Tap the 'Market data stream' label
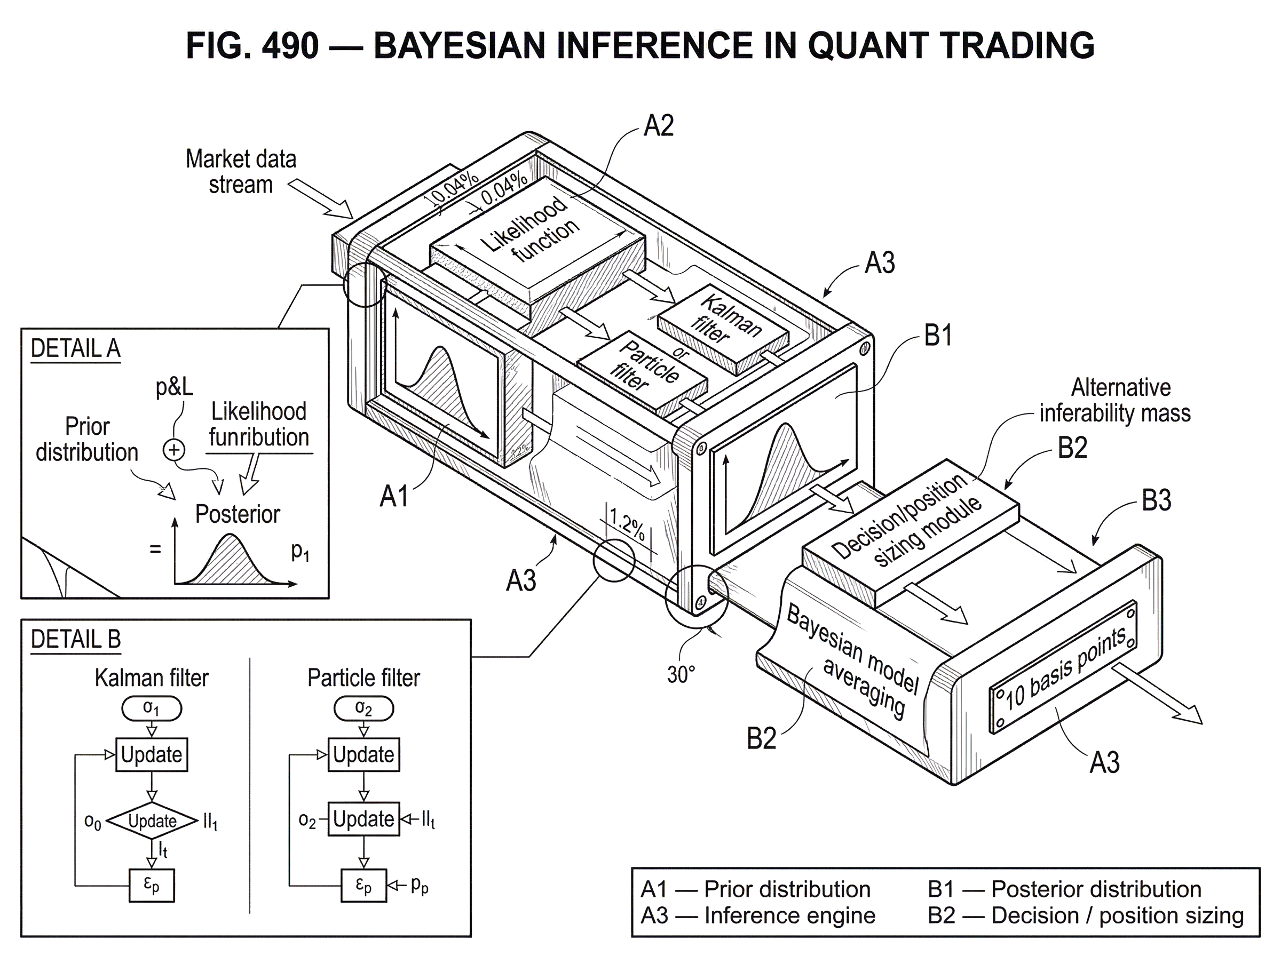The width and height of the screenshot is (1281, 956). tap(241, 171)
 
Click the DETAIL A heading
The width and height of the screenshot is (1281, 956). tap(75, 349)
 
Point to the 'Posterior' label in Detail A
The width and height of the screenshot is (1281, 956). tap(236, 513)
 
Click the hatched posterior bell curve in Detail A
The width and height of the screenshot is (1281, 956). tap(232, 561)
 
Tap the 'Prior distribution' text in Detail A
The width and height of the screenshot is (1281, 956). tap(87, 440)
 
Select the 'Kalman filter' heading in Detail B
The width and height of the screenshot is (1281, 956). tap(152, 678)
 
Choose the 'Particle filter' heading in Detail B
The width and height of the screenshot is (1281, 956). tap(363, 678)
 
